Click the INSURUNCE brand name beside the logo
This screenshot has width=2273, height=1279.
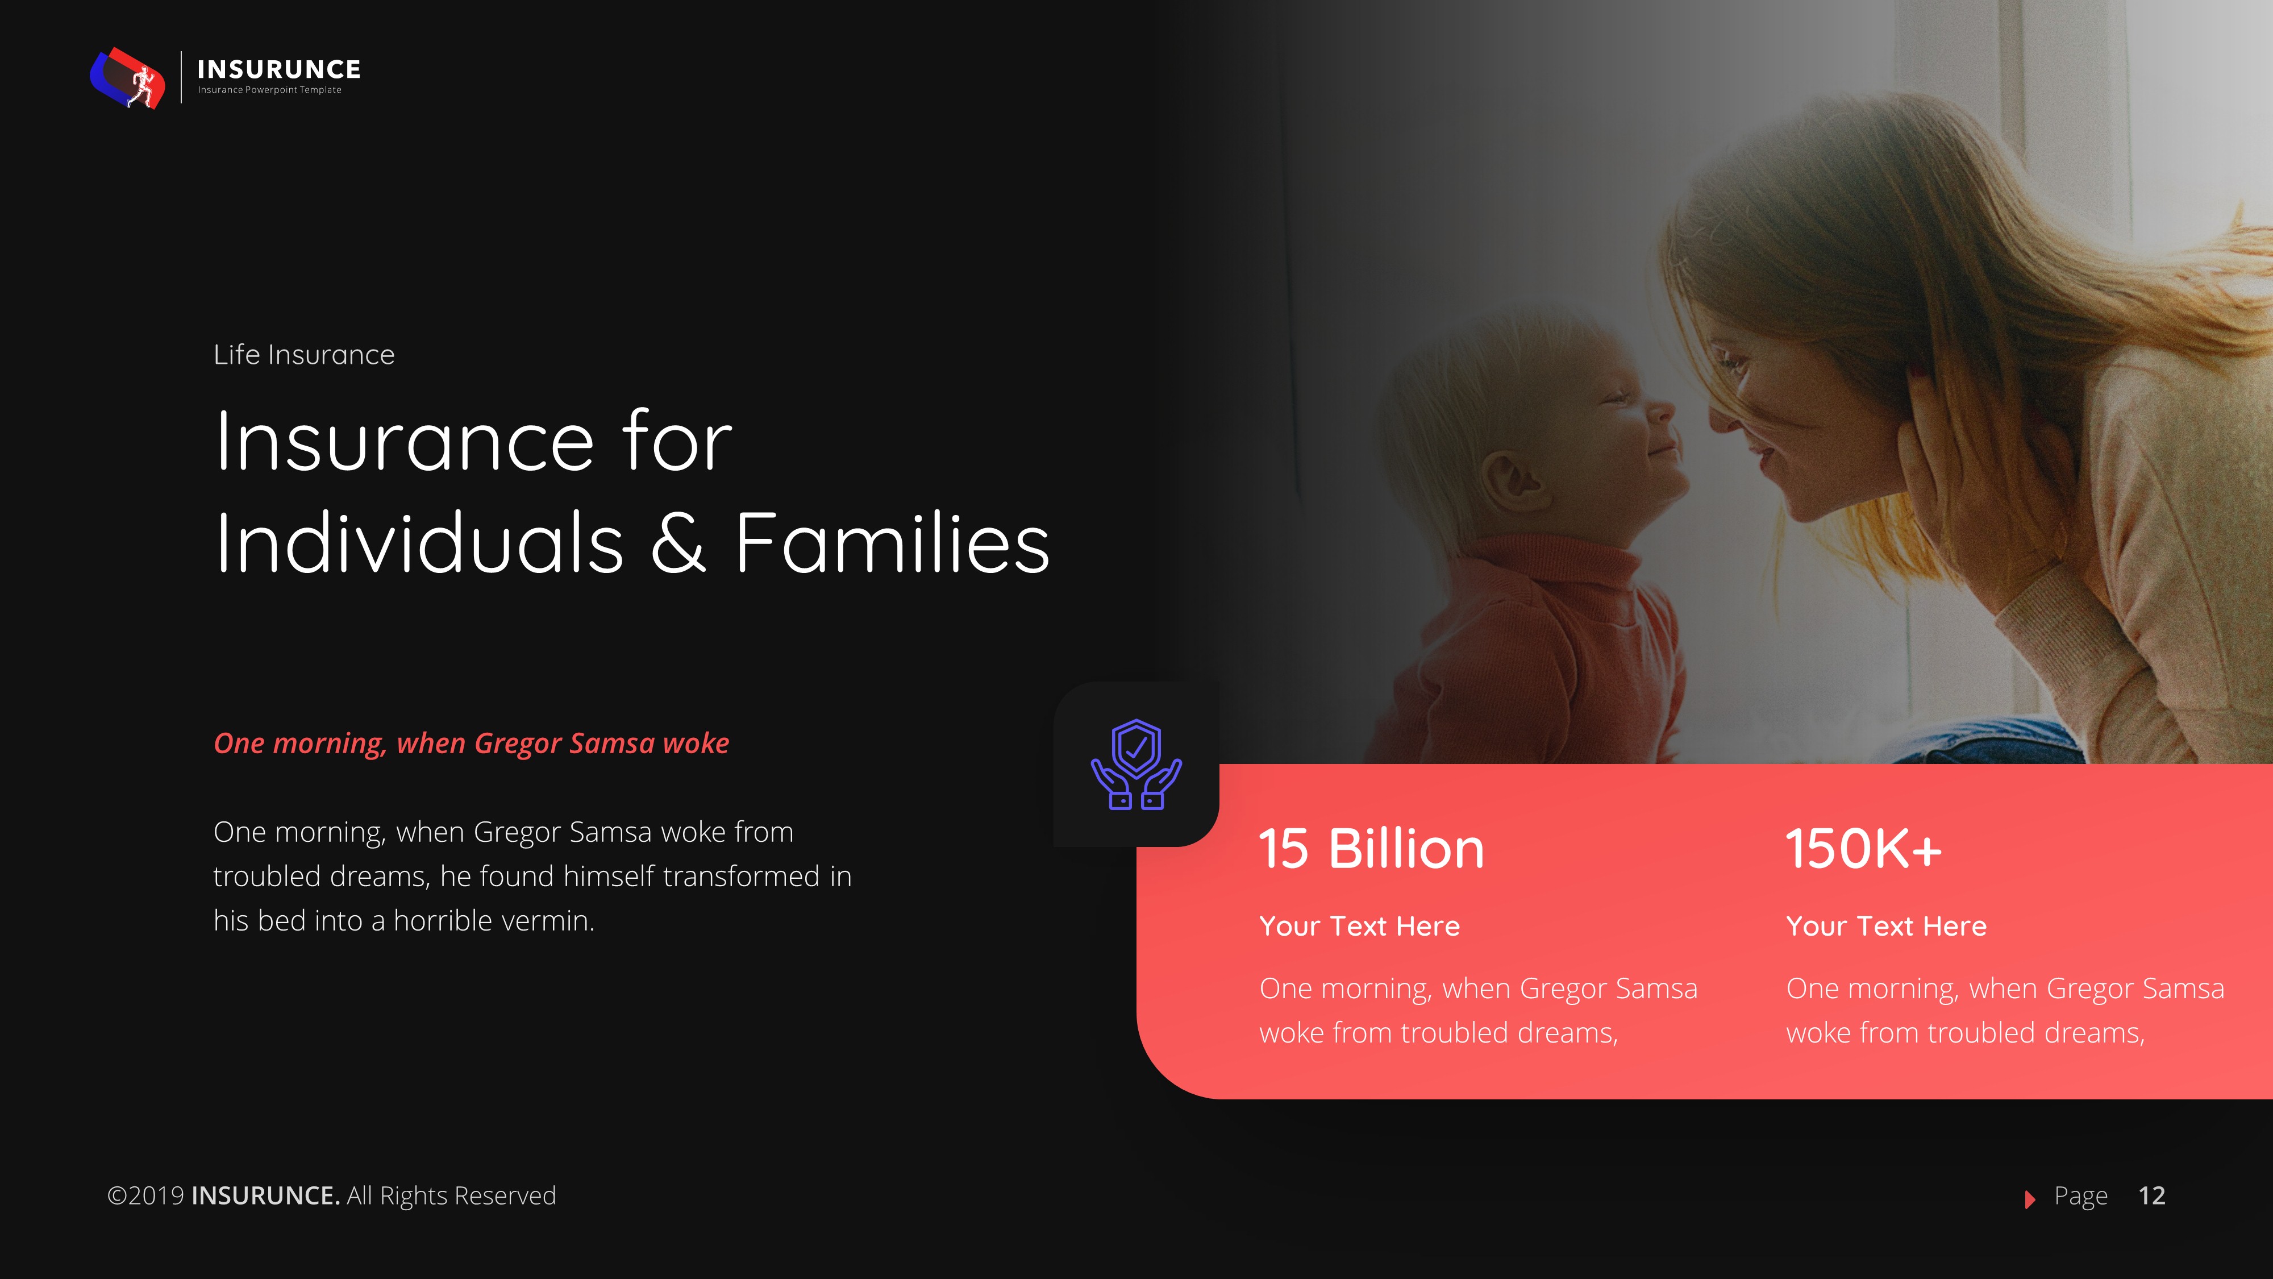[x=279, y=69]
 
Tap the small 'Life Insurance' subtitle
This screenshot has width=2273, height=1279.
[x=303, y=355]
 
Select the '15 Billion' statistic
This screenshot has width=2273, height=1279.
[x=1371, y=849]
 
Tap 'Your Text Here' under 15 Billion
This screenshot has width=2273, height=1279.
[x=1359, y=926]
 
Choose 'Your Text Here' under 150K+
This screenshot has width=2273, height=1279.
[x=1885, y=926]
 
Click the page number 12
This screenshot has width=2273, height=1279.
[x=2151, y=1196]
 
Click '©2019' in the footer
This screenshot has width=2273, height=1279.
[x=145, y=1196]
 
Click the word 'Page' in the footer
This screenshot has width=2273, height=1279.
[x=2080, y=1196]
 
